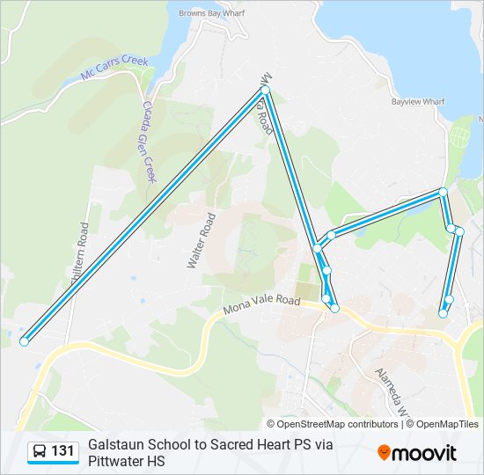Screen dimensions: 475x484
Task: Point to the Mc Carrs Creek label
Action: (x=115, y=68)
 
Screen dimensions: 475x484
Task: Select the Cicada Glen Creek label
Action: (x=148, y=141)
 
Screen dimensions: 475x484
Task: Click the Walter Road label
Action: (x=202, y=240)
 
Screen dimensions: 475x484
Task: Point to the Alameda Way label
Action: (x=391, y=389)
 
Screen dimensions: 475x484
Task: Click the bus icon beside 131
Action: (x=40, y=452)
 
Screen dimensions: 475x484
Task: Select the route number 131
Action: (x=62, y=452)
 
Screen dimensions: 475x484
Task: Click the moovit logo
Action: (x=417, y=453)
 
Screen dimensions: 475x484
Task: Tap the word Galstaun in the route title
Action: (x=118, y=445)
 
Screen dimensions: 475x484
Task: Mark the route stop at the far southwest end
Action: (x=24, y=341)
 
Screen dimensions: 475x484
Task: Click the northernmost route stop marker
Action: (x=265, y=90)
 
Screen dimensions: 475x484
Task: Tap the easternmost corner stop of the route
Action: (x=459, y=231)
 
